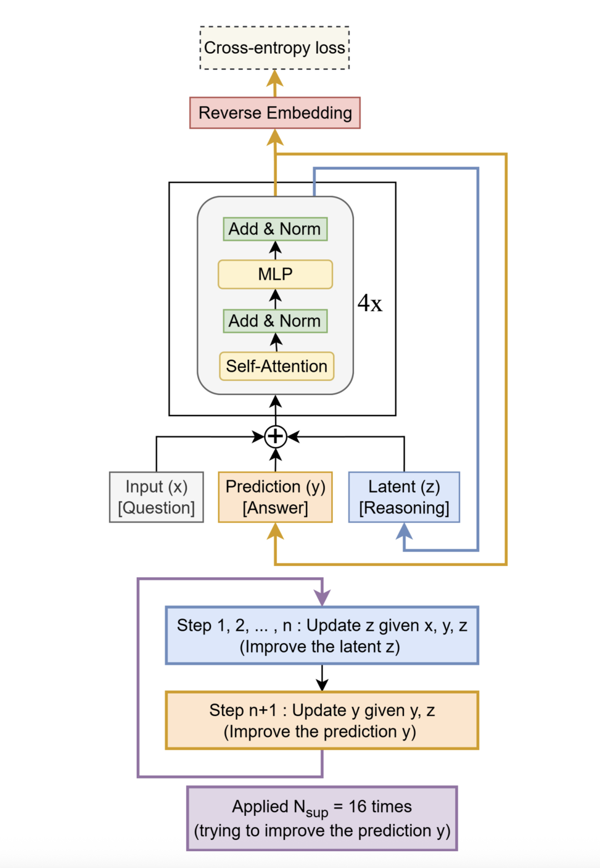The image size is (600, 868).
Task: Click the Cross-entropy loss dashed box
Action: pos(274,48)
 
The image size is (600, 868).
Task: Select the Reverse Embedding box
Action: pos(275,113)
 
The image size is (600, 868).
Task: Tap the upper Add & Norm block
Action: pos(275,229)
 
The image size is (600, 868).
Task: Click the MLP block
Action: pos(275,274)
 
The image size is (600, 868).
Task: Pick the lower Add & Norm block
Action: pos(275,321)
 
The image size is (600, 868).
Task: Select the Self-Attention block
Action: pos(276,367)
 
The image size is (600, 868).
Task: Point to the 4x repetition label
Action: pos(369,303)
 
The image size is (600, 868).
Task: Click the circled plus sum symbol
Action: pos(276,436)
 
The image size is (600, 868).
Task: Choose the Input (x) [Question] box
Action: pos(156,497)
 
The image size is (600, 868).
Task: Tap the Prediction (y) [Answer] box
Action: pos(275,497)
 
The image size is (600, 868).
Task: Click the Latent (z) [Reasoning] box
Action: pos(404,497)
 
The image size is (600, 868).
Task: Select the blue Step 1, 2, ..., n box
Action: pos(322,635)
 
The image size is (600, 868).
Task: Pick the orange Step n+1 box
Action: pos(322,720)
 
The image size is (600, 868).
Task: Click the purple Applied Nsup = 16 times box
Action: pos(322,818)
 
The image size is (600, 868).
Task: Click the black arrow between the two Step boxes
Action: pos(322,678)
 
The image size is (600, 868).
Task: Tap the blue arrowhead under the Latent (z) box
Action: pos(404,531)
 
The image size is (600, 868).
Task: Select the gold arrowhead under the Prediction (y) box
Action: pos(275,531)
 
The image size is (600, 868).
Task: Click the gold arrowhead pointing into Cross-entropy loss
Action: pos(275,78)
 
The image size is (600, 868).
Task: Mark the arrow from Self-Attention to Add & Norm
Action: pos(276,342)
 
